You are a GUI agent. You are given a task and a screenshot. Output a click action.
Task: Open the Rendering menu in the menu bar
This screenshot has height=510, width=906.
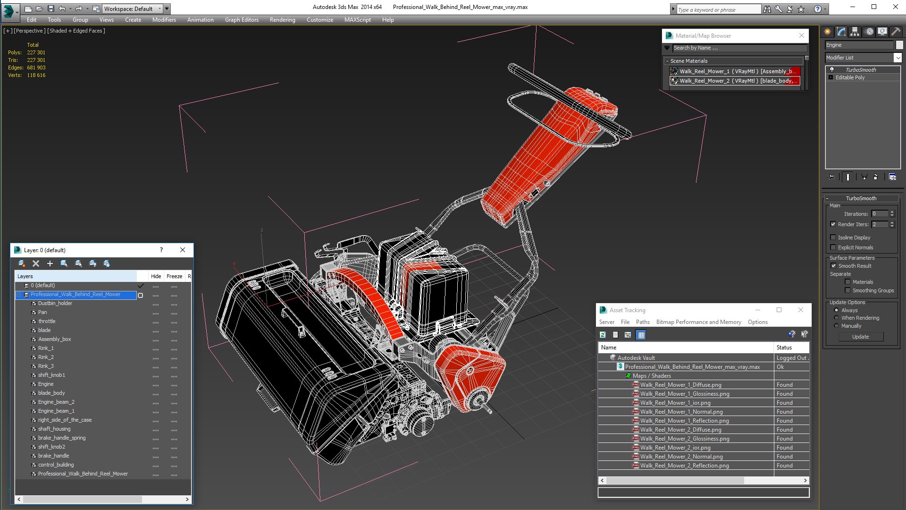[x=282, y=20]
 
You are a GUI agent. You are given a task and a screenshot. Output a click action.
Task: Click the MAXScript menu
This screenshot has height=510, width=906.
[x=357, y=20]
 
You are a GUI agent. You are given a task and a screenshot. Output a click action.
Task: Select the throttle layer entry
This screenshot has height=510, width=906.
[x=47, y=321]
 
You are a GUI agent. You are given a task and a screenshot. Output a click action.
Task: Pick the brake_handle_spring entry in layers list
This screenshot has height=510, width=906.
[x=62, y=438]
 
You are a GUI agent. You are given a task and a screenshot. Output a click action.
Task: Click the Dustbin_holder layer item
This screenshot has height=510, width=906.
[x=55, y=303]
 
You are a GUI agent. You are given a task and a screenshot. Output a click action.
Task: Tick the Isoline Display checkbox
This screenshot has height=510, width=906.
[x=833, y=238]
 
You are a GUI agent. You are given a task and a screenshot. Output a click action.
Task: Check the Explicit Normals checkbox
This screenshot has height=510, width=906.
[x=833, y=247]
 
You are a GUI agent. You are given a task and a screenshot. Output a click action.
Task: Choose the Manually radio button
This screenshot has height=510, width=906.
[x=837, y=326]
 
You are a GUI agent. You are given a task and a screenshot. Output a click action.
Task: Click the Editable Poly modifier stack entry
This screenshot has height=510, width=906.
[x=850, y=77]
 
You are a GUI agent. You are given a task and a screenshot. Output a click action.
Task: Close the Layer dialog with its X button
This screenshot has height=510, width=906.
[x=183, y=250]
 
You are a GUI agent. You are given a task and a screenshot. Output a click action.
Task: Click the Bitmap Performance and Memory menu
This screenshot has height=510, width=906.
[x=698, y=322]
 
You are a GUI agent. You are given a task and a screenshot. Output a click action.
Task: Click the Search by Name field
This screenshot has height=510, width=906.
[x=738, y=48]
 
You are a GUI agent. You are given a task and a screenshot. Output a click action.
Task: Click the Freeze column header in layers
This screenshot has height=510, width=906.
[x=174, y=276]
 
